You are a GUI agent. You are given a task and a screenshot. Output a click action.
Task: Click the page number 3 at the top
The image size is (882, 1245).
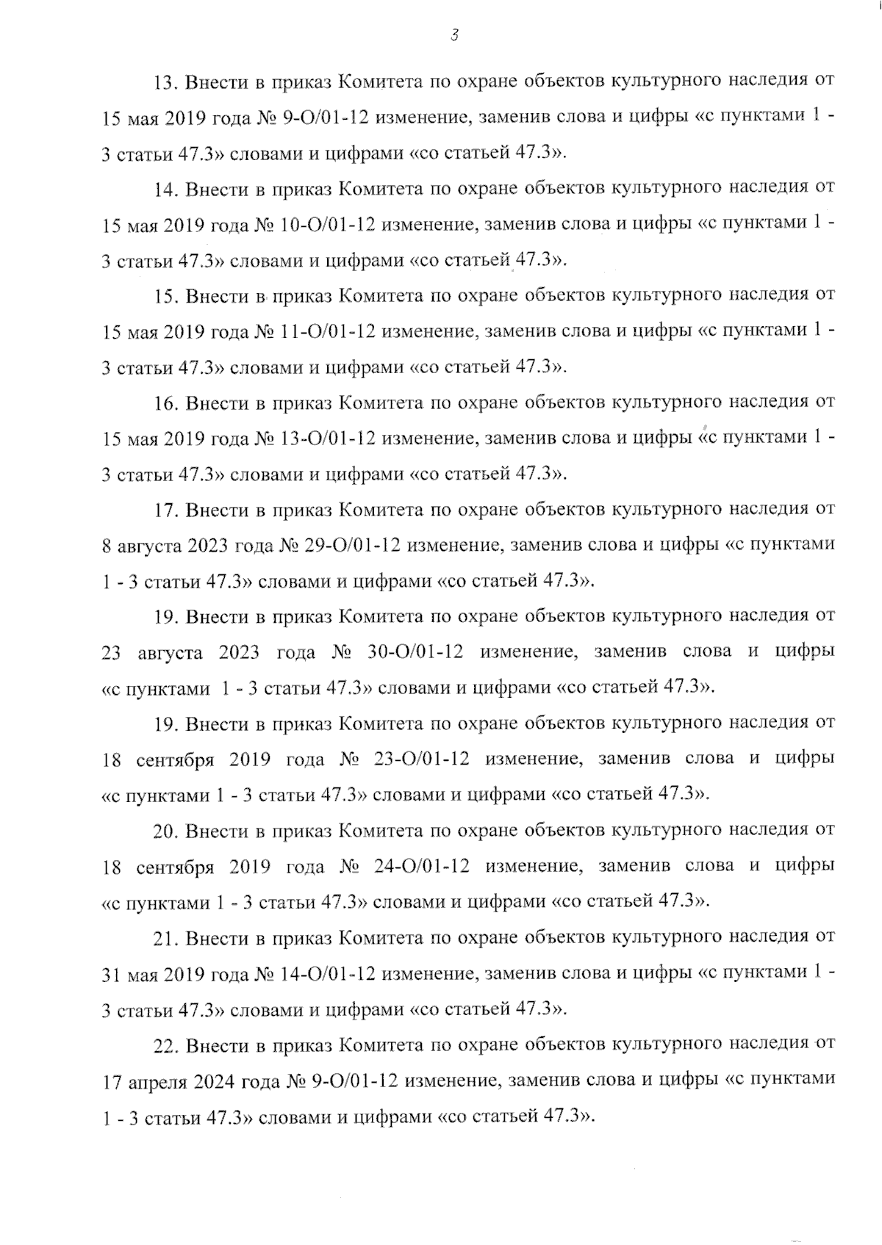(454, 35)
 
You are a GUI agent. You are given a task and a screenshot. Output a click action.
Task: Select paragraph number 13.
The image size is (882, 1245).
(165, 80)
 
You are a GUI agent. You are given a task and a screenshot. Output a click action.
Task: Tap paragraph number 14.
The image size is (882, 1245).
(165, 188)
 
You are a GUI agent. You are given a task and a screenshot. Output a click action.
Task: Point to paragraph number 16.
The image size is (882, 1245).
(165, 403)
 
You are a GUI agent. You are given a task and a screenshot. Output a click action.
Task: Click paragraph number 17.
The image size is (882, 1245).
(165, 509)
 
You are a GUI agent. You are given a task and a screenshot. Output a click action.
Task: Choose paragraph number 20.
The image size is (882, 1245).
(165, 831)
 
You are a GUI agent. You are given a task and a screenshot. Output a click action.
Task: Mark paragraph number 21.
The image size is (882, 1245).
(165, 937)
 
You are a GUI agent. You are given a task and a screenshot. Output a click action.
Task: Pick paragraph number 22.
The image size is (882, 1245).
(165, 1044)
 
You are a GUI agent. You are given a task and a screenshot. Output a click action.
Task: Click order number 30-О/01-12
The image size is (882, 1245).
(418, 652)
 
